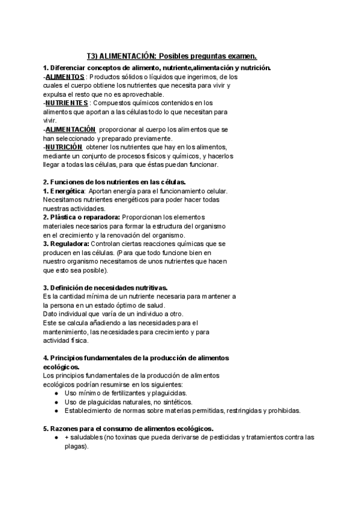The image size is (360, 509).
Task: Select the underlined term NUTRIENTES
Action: [x=66, y=103]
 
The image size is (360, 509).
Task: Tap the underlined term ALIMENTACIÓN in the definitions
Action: [x=70, y=129]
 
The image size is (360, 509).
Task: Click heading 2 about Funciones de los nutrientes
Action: [x=114, y=181]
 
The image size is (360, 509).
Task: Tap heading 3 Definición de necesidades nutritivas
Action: [x=109, y=288]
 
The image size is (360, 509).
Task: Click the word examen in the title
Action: [x=239, y=56]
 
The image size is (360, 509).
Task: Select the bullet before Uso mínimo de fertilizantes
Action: [x=56, y=393]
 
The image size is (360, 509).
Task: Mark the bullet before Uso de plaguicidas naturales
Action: [x=56, y=402]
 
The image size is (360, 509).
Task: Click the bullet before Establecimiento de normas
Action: [x=56, y=411]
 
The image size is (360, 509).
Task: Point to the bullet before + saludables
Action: [x=56, y=438]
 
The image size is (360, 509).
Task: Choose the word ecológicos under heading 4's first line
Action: [x=61, y=367]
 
